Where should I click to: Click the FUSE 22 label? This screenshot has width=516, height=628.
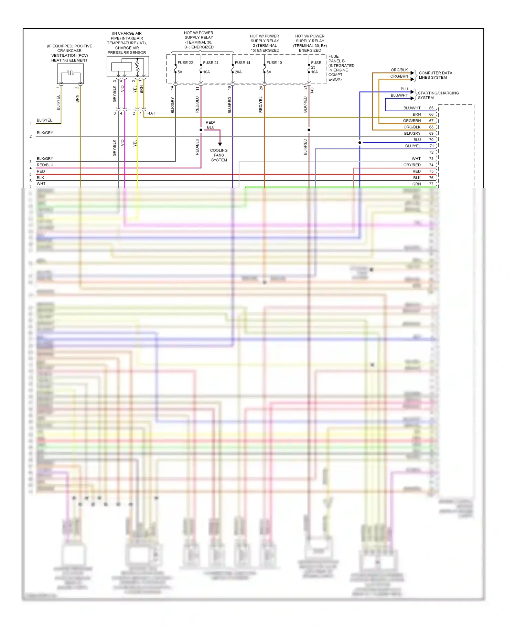pos(185,63)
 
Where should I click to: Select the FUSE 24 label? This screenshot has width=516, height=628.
pos(211,63)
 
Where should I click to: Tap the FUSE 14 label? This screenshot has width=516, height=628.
pos(243,63)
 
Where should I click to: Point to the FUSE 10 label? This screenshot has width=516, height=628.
pos(274,63)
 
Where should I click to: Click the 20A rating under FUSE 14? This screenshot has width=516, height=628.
pos(238,72)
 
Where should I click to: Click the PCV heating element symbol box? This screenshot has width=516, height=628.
pos(70,74)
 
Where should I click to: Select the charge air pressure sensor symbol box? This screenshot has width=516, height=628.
pos(128,67)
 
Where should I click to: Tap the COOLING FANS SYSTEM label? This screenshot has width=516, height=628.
pos(219,155)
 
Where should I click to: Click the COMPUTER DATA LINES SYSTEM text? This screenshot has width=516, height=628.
pos(435,75)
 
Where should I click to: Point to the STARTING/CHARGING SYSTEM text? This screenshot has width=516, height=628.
pos(438,96)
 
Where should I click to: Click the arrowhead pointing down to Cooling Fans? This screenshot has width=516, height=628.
pos(220,144)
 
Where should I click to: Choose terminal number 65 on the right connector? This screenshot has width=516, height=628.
pos(431,108)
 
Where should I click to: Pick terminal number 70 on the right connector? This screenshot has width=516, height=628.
pos(431,140)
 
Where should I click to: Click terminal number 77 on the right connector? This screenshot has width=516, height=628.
pos(431,184)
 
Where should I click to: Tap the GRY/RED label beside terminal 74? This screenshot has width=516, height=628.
pos(412,165)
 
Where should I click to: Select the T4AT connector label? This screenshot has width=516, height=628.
pos(150,113)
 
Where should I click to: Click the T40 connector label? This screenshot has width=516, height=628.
pos(312,90)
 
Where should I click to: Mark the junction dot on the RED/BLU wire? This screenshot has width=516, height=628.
pos(201,130)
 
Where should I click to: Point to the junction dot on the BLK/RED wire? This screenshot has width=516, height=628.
pos(309,130)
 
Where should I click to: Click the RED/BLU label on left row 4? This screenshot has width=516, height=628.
pos(45,165)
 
